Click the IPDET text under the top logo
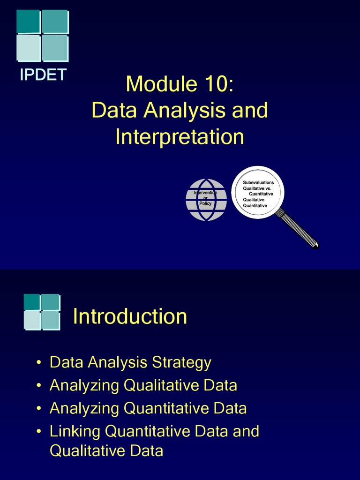click(43, 75)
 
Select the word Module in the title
click(161, 84)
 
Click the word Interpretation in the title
click(180, 137)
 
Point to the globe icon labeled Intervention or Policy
click(206, 200)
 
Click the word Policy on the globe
click(205, 203)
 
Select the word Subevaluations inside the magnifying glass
click(258, 182)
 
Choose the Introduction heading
click(130, 316)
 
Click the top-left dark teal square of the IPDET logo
click(28, 22)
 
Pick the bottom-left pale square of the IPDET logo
click(28, 48)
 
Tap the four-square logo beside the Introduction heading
click(42, 312)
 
